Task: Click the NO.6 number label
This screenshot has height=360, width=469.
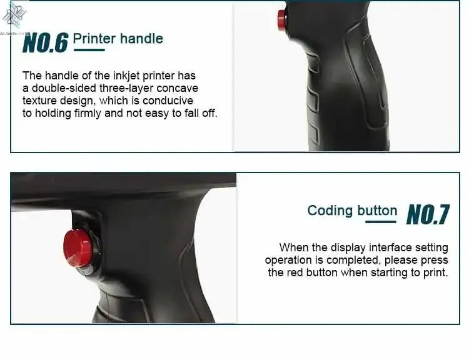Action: [45, 42]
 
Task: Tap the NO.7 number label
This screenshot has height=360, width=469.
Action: [428, 214]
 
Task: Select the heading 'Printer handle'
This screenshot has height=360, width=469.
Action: [118, 38]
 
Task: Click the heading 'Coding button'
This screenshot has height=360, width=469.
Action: [352, 211]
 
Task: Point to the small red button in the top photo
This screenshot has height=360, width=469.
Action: [282, 21]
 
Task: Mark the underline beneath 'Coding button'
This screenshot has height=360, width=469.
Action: [381, 221]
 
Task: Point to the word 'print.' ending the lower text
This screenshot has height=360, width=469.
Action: [435, 272]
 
